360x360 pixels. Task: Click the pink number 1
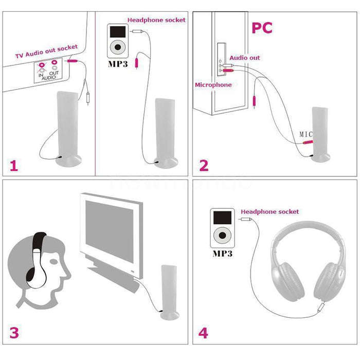13,166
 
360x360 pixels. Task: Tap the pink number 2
204,166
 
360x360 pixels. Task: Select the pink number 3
14,333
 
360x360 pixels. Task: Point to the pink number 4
204,333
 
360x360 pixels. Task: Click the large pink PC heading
262,28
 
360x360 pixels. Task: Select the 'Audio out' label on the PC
244,58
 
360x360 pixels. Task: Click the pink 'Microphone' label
213,85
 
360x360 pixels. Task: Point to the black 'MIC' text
306,135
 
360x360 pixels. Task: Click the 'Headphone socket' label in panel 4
269,211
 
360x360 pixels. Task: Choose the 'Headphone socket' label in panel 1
156,20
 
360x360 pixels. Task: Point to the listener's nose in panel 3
69,271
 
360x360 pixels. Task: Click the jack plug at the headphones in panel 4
322,308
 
